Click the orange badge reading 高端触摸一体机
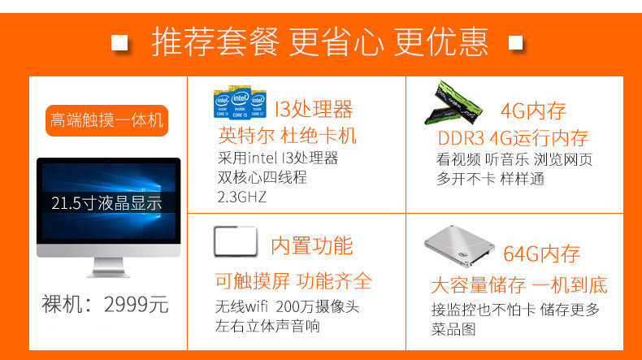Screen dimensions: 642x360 [x=106, y=120]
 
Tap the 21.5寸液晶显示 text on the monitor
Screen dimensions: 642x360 [x=106, y=203]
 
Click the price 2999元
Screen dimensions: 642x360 [x=136, y=305]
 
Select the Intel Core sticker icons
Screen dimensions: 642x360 [x=240, y=102]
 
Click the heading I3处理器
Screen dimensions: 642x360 [x=314, y=110]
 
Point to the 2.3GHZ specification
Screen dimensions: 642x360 [x=242, y=197]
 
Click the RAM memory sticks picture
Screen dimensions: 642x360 [x=453, y=102]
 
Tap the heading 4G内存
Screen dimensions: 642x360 [x=533, y=111]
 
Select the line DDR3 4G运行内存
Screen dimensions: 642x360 [x=513, y=138]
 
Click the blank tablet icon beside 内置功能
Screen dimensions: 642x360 [x=236, y=241]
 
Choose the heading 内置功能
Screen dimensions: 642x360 [x=312, y=245]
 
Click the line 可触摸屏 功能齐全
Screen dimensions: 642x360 [x=293, y=281]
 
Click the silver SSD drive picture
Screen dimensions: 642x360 [x=459, y=246]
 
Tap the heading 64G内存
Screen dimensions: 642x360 [x=541, y=254]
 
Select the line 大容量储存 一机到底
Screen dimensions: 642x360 [x=519, y=285]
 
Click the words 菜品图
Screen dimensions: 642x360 [x=453, y=329]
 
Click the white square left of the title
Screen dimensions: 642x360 [x=119, y=42]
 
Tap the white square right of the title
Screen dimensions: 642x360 [x=515, y=42]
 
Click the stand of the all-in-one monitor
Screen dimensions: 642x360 [x=109, y=267]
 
